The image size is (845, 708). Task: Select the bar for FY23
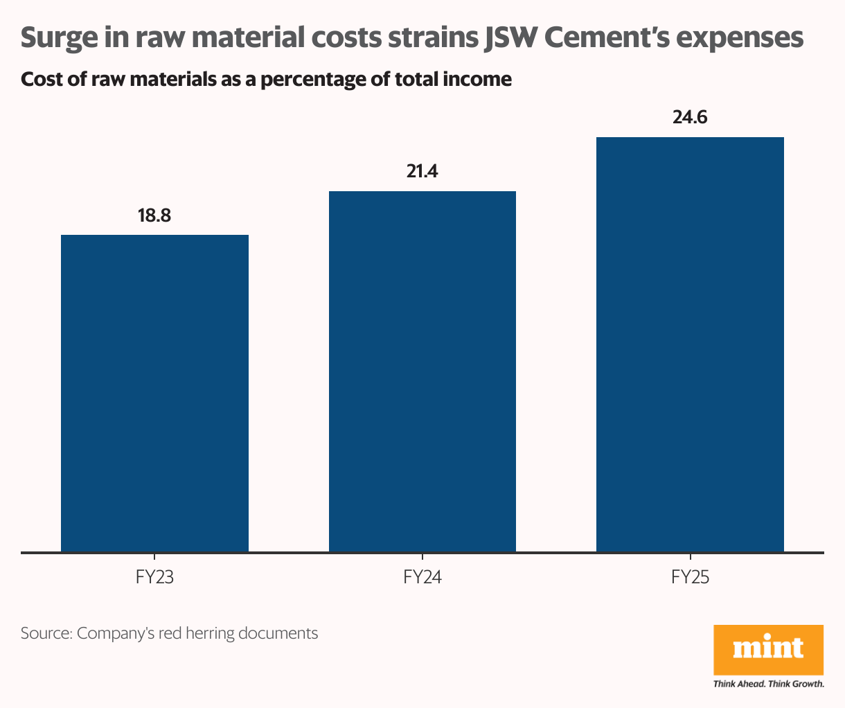point(154,393)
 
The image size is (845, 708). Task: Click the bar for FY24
point(423,371)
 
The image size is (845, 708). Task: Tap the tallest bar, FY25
point(690,344)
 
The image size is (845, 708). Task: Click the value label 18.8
point(154,215)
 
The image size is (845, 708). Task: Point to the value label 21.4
point(423,171)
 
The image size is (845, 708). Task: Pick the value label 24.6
point(690,117)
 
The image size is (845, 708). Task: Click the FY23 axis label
point(154,577)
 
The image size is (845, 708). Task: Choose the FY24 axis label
point(423,577)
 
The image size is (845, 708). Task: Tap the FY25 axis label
point(690,577)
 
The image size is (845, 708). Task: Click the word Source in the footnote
point(46,632)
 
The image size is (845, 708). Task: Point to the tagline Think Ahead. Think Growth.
point(768,684)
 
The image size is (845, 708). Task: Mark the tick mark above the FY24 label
point(423,557)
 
